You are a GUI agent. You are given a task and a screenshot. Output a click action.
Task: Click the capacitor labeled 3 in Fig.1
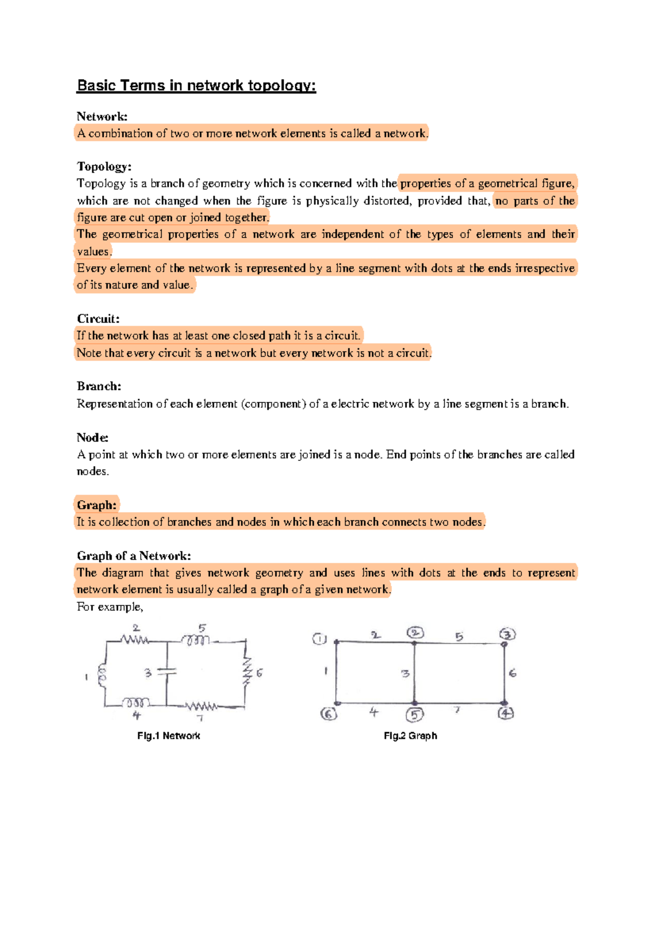167,673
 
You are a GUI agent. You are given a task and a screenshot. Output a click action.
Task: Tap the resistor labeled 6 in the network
247,672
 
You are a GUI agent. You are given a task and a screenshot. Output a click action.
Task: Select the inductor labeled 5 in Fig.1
195,640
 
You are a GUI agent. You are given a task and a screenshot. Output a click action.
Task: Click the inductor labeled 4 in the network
135,702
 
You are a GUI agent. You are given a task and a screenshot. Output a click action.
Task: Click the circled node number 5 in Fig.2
414,715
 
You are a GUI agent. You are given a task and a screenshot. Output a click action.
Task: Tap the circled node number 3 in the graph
508,634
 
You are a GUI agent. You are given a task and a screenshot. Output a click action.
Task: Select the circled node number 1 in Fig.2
319,639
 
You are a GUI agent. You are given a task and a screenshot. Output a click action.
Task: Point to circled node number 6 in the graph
329,714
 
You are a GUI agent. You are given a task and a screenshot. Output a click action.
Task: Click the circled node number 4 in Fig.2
506,713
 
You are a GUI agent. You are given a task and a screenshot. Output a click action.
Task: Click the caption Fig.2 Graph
410,736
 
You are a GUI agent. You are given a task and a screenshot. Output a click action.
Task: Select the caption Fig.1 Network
168,736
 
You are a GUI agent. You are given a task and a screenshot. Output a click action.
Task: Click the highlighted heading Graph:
97,505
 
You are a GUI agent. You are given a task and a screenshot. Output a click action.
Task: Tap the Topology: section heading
104,167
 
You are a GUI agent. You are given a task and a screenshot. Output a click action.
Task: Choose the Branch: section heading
99,387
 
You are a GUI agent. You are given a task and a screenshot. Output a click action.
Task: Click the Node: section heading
92,437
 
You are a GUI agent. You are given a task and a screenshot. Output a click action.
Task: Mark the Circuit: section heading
98,319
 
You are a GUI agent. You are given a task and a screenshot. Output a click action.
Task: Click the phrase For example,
110,607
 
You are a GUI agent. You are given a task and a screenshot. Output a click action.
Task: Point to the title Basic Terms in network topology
196,86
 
